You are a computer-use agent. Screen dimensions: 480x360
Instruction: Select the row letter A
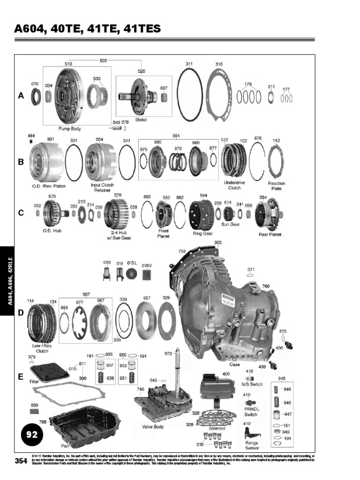21,96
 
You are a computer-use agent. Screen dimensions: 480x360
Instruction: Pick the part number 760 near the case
266,286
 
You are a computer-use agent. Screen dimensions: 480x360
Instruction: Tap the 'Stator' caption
141,120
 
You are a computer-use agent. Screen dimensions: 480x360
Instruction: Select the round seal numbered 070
36,97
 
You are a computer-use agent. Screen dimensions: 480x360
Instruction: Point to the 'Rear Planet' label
270,234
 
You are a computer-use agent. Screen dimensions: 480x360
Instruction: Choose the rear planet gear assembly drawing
269,214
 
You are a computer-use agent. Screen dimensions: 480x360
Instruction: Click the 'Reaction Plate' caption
277,186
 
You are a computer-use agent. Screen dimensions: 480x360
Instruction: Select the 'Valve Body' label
152,427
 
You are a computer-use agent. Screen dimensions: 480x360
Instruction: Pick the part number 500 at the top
103,60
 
